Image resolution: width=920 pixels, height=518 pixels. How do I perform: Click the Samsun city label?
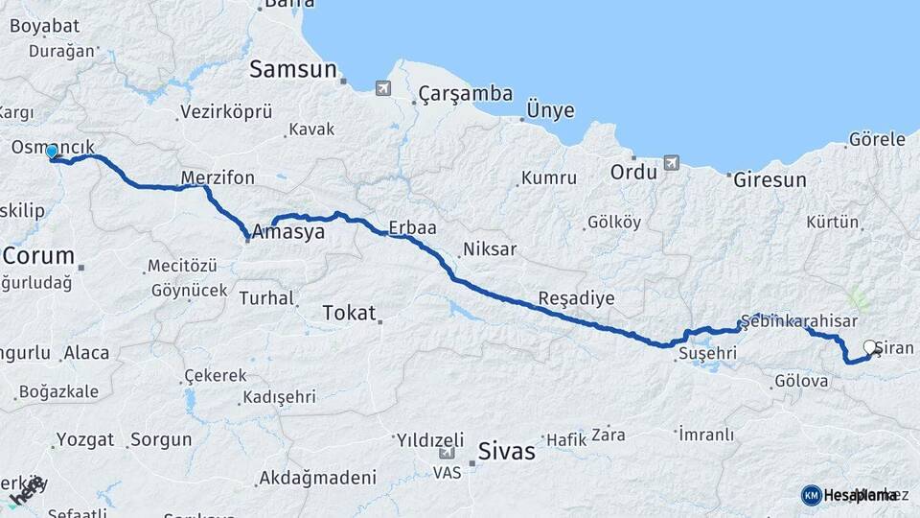click(x=293, y=69)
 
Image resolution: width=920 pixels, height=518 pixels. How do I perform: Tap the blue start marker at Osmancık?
click(x=52, y=152)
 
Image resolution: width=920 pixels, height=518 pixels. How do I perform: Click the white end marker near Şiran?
click(x=870, y=347)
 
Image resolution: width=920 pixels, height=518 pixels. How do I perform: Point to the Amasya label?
click(x=288, y=232)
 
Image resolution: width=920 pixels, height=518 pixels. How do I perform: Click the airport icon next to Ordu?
click(x=671, y=163)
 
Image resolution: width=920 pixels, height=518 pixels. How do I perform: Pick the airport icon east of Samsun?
click(x=383, y=89)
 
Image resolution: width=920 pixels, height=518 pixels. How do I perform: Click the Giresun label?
click(x=770, y=179)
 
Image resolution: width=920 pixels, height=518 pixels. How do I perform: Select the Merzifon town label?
click(x=218, y=177)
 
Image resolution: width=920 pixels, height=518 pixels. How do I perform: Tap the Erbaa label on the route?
click(x=412, y=228)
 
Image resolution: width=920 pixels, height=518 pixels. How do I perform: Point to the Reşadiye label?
click(x=576, y=297)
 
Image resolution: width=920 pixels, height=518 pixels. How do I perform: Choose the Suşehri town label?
click(x=707, y=354)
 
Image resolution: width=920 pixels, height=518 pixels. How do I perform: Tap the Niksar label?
click(x=490, y=249)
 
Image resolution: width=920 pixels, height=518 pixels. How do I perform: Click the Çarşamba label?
click(x=466, y=94)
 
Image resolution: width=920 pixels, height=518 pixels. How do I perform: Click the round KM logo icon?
click(x=811, y=495)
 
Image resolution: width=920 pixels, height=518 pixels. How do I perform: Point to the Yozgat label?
click(x=84, y=440)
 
